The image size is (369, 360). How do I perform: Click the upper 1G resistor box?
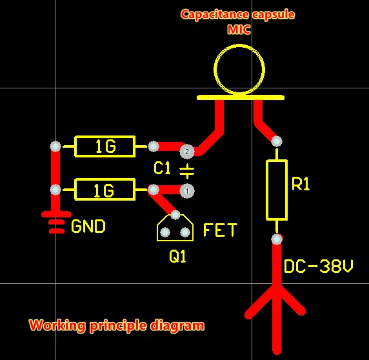(x=105, y=147)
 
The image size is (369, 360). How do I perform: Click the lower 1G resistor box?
(x=105, y=190)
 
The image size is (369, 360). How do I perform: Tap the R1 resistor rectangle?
(x=277, y=190)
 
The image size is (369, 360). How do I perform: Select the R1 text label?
(x=301, y=185)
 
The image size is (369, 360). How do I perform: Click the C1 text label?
(x=162, y=169)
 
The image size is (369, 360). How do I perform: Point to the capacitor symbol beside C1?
(x=186, y=171)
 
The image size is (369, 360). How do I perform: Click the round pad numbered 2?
(x=187, y=152)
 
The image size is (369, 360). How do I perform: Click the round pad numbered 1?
(x=187, y=191)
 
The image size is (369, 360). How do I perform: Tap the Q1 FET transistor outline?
(x=175, y=229)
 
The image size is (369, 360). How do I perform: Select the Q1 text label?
(x=177, y=257)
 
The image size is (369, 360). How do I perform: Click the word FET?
(x=220, y=230)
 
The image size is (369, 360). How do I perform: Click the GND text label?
(x=88, y=227)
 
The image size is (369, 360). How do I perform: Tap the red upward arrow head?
(x=277, y=300)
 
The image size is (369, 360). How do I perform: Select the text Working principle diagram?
(x=116, y=325)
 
